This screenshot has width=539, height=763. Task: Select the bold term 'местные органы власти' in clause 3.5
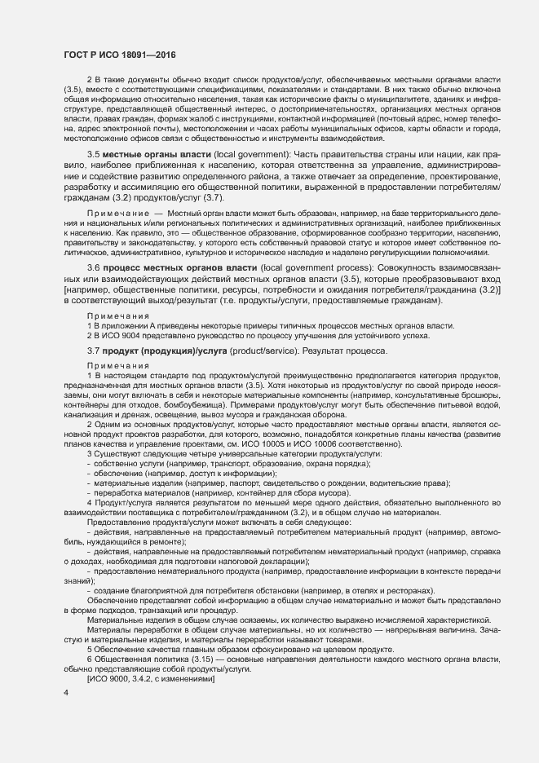[x=144, y=154]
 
